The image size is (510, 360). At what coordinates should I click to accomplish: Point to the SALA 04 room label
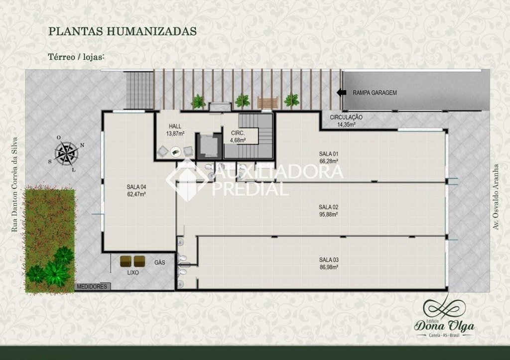click(136, 187)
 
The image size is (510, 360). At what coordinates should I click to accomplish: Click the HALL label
click(175, 126)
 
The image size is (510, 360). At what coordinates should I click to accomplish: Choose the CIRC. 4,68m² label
click(238, 136)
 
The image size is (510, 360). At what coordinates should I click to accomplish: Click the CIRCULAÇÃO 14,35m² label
click(346, 120)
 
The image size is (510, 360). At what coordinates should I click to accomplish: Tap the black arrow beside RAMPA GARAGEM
click(342, 93)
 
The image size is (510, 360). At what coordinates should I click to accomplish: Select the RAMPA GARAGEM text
click(375, 93)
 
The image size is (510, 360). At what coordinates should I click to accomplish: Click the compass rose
click(68, 153)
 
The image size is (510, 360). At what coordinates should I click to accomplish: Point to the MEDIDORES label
click(92, 286)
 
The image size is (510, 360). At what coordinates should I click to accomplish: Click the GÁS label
click(160, 262)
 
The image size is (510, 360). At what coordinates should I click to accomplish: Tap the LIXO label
click(132, 272)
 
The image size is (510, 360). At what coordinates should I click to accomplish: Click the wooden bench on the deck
click(268, 102)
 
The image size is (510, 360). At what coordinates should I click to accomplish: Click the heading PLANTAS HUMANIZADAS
click(123, 31)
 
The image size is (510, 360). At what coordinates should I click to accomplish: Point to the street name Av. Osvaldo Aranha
click(496, 197)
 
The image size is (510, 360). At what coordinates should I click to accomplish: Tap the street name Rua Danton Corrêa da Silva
click(14, 184)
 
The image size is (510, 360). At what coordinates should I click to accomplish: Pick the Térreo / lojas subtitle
click(76, 57)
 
